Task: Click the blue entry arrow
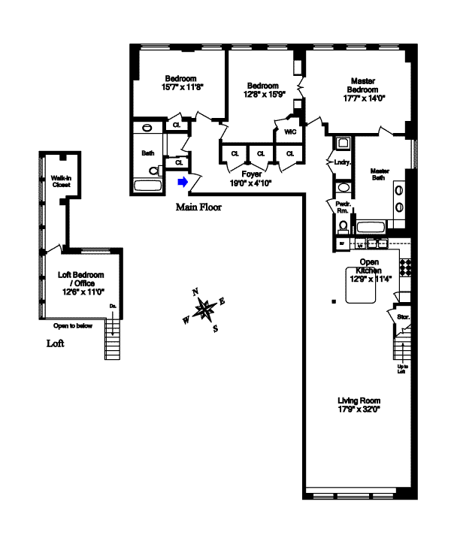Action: [x=182, y=181]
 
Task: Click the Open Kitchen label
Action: [x=370, y=266]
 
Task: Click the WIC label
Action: [x=289, y=131]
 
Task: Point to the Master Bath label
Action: [x=380, y=174]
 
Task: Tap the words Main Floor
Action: [x=198, y=207]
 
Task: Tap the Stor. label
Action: [x=403, y=318]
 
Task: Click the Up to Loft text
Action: [x=403, y=370]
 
